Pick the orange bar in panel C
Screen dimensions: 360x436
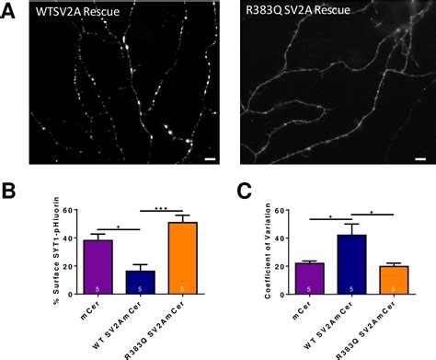(388, 281)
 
